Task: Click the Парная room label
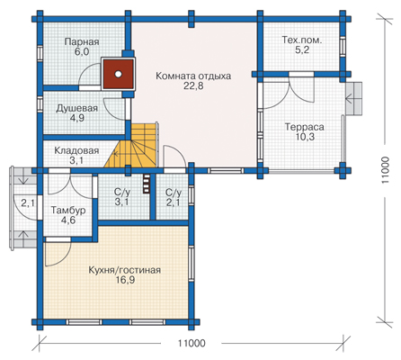82,41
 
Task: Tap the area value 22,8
193,86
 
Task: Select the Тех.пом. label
302,40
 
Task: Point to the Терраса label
304,127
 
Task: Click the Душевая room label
77,108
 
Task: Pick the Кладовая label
76,150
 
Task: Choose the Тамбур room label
68,211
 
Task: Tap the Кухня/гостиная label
124,270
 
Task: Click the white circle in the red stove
119,74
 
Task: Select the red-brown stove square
119,74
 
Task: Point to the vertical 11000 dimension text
386,170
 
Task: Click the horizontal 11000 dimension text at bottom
192,343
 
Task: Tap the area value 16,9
124,280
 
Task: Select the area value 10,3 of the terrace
304,137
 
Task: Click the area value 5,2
302,50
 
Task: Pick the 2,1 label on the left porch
28,203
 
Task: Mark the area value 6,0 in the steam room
82,52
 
